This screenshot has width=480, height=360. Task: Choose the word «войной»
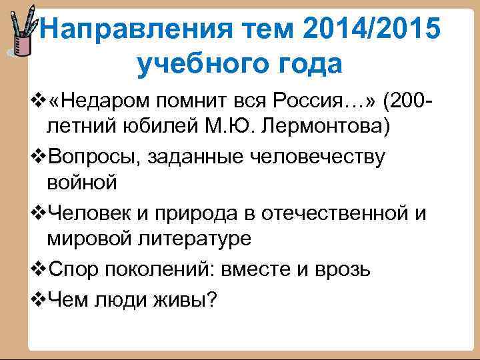pyautogui.click(x=82, y=181)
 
